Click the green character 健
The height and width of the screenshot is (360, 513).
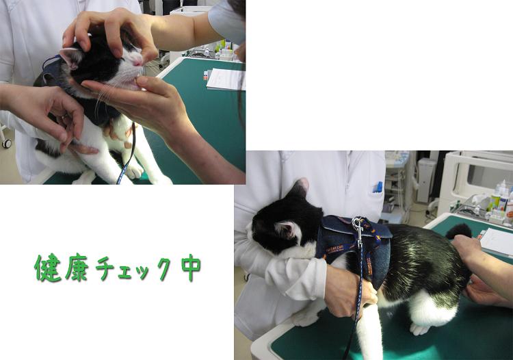click(48, 268)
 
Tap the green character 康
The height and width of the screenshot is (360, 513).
click(77, 268)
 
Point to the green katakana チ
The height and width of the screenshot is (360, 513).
click(105, 268)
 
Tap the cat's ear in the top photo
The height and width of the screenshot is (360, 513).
click(70, 57)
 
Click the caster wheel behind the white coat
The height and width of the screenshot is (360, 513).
click(6, 143)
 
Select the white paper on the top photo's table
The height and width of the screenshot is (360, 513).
click(226, 79)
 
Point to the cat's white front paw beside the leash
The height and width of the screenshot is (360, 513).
click(135, 171)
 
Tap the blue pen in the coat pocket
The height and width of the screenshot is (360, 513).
click(379, 188)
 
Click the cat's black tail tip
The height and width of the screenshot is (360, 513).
click(459, 231)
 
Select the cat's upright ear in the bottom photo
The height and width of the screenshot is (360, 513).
click(299, 188)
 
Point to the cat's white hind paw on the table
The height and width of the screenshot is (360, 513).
click(419, 329)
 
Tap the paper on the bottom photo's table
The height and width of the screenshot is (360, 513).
click(497, 240)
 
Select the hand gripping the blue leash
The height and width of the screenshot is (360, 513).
click(349, 290)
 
